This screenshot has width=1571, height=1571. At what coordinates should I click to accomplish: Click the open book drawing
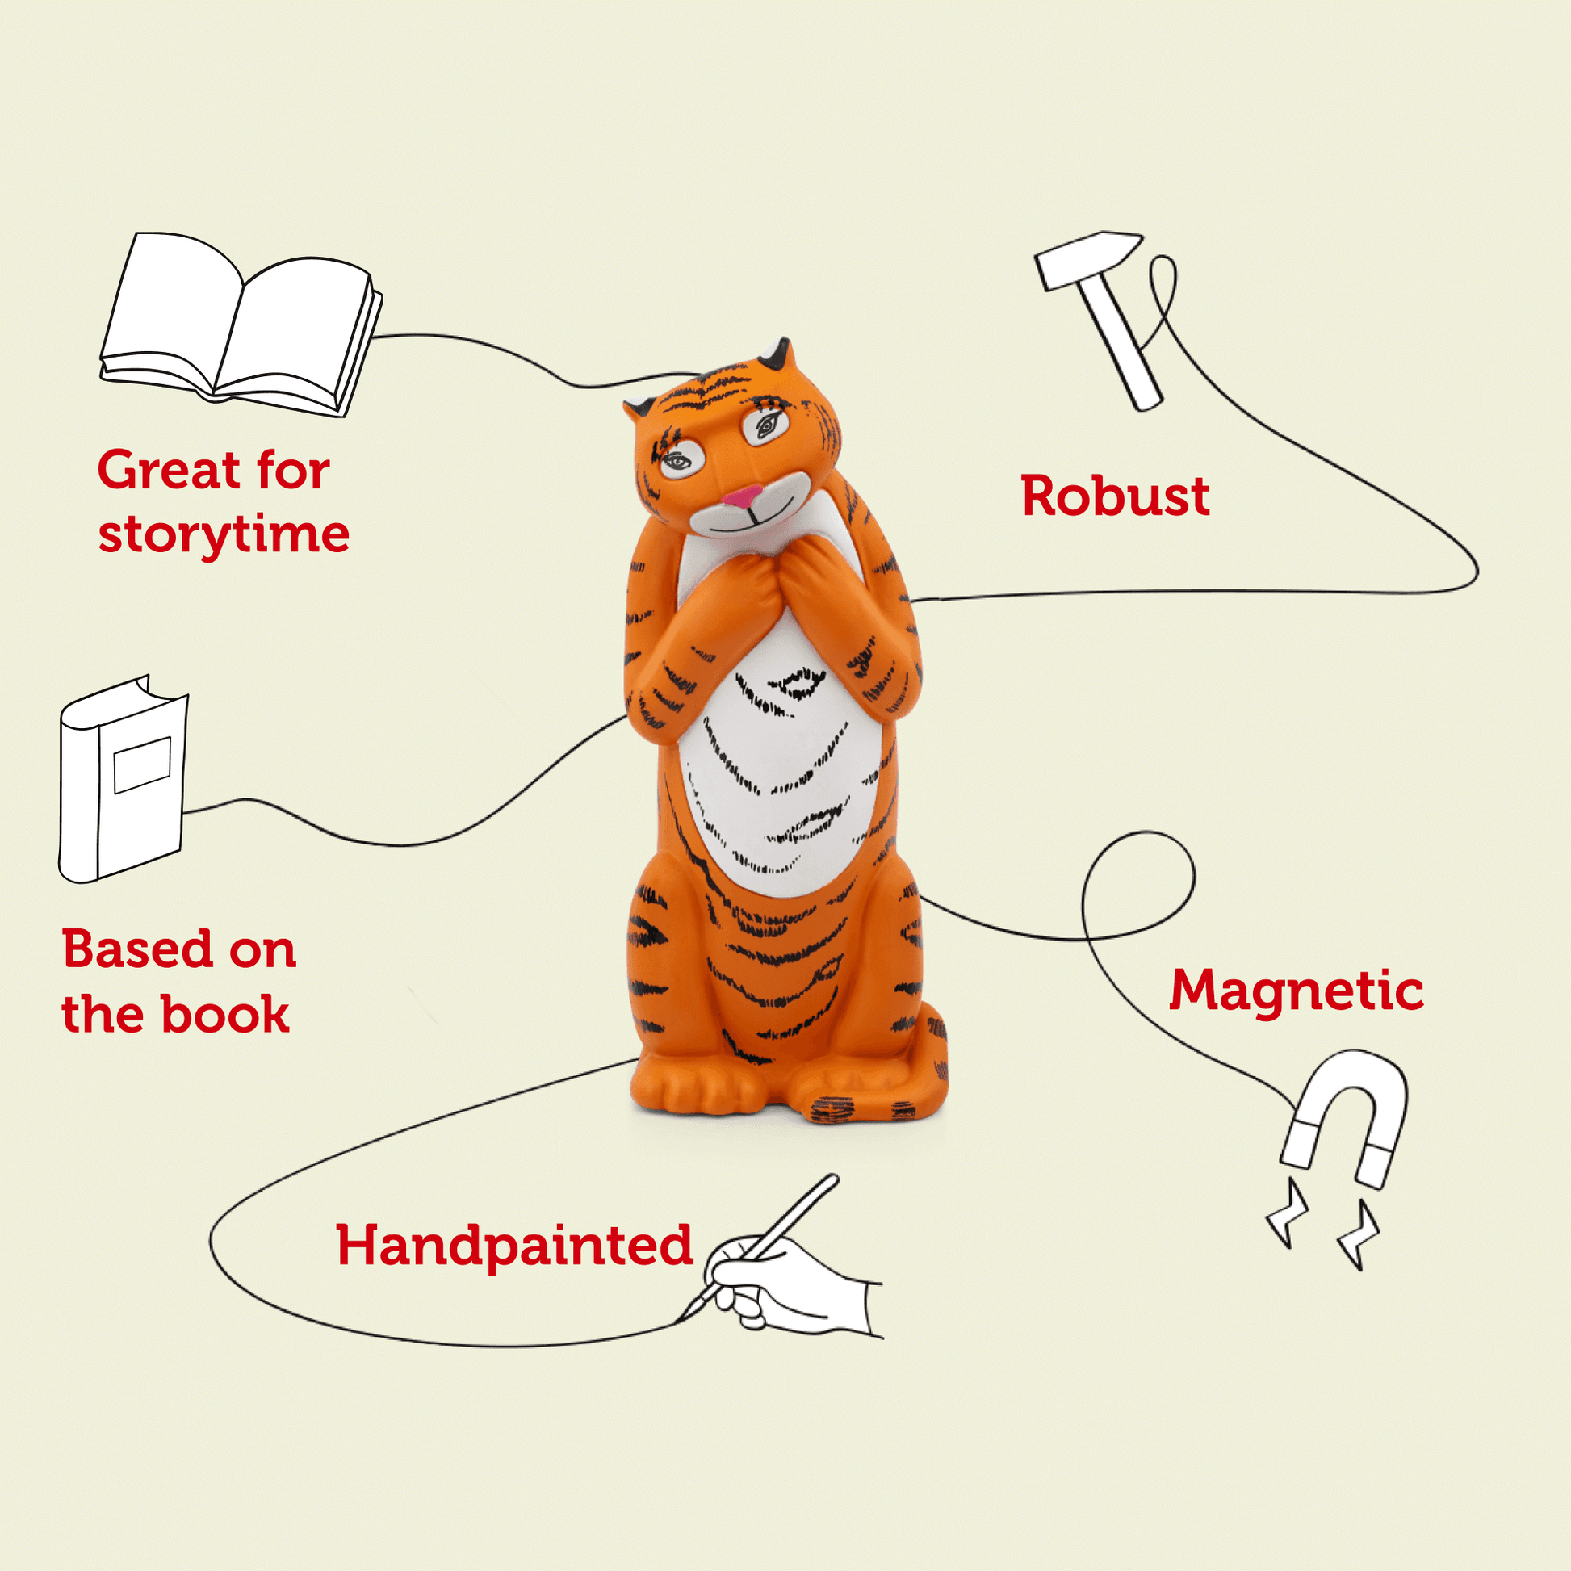tap(240, 325)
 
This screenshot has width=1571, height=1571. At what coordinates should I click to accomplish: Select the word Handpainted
tap(514, 1245)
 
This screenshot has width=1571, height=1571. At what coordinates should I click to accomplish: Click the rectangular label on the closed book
tap(141, 764)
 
